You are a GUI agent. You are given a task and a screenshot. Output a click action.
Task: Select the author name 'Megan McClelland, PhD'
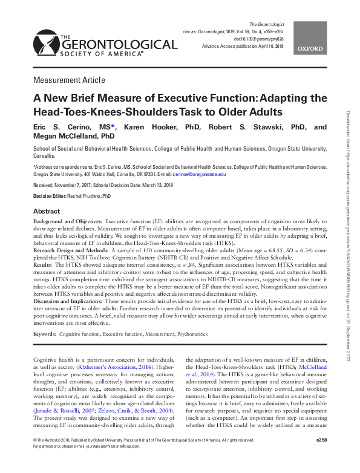pyautogui.click(x=74, y=137)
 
